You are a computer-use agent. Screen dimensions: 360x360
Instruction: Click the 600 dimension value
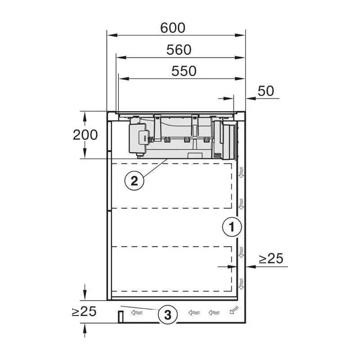(x=173, y=28)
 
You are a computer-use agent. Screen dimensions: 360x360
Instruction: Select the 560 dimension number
(x=179, y=50)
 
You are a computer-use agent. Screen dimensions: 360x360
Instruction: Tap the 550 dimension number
(x=184, y=71)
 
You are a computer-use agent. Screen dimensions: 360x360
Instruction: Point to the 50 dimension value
(x=266, y=91)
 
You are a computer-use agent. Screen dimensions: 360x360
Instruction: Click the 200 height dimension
(x=85, y=135)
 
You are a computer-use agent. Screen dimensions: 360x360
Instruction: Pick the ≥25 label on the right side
(x=271, y=259)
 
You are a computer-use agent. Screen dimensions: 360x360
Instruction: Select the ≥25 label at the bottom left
(x=84, y=311)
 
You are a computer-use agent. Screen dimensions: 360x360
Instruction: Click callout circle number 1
(x=232, y=227)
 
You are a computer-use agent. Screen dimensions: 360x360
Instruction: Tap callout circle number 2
(x=134, y=181)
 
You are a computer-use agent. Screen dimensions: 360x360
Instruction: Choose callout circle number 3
(x=167, y=315)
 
